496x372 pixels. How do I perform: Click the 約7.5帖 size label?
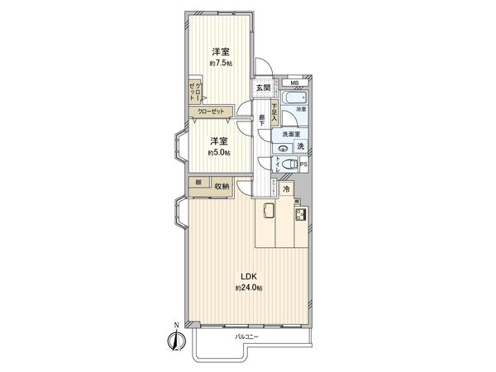219,63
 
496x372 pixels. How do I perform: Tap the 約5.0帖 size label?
219,153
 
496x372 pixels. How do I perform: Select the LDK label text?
248,276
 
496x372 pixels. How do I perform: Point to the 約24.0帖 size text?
248,288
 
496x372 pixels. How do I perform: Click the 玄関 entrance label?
262,88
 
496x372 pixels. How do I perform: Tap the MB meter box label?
295,83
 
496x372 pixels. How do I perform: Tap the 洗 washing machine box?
301,146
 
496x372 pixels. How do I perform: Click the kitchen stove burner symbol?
299,216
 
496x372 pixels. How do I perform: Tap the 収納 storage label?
222,185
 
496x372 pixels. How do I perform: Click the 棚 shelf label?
198,181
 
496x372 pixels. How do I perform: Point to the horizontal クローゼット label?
209,112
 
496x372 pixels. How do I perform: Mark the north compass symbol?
175,340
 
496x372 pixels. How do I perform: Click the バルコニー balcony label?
246,337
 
